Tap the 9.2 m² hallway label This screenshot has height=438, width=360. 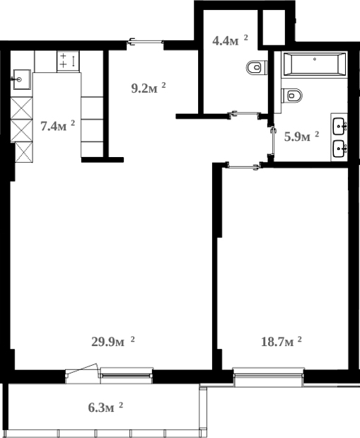click(x=149, y=88)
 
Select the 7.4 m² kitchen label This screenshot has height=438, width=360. click(x=57, y=127)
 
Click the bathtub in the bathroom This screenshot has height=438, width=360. click(x=314, y=66)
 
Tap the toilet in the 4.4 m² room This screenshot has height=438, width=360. click(x=255, y=68)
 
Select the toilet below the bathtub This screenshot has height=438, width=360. click(x=292, y=95)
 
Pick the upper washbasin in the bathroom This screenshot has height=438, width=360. click(x=340, y=127)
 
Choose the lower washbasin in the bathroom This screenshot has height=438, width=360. click(x=340, y=149)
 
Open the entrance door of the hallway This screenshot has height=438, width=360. click(x=145, y=44)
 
